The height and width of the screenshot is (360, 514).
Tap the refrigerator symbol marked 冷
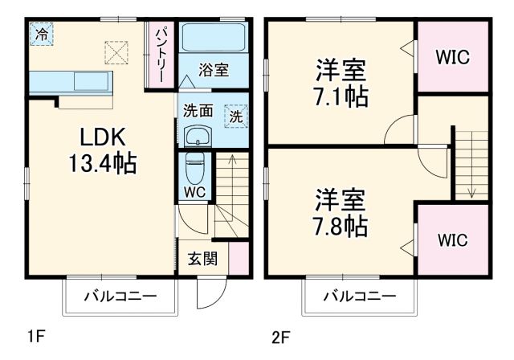pos(41,35)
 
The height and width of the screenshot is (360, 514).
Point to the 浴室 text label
pos(214,70)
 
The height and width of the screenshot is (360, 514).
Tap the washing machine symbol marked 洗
pos(236,116)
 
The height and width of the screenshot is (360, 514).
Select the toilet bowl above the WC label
pos(194,169)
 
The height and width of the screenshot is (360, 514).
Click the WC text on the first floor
pos(194,194)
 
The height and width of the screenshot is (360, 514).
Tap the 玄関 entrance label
pos(202,259)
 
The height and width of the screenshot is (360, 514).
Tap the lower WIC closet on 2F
pos(453,240)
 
